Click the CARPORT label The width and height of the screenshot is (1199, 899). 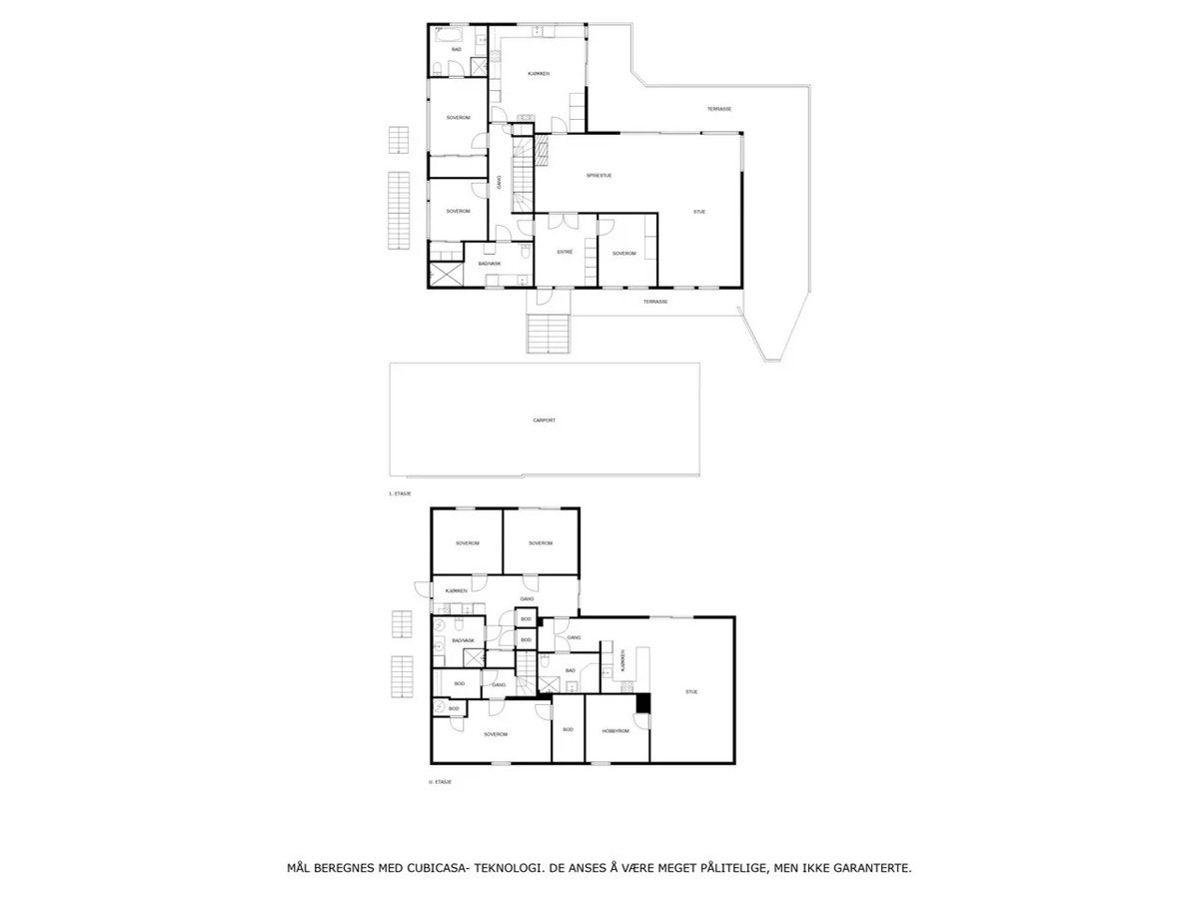(x=544, y=421)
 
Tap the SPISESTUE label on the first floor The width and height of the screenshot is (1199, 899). (x=599, y=175)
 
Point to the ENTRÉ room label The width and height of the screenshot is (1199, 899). (x=565, y=253)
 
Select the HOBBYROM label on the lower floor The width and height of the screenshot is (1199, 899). (x=615, y=731)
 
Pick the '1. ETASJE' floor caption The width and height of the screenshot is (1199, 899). (x=401, y=493)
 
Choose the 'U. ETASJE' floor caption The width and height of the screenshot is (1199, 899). (x=440, y=782)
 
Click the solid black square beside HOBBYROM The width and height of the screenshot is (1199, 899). (x=643, y=702)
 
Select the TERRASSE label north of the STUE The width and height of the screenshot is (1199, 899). (x=719, y=109)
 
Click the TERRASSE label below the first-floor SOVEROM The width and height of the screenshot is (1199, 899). (x=655, y=301)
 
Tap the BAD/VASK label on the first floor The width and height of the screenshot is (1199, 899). (x=490, y=263)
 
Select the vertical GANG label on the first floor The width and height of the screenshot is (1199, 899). (x=500, y=182)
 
